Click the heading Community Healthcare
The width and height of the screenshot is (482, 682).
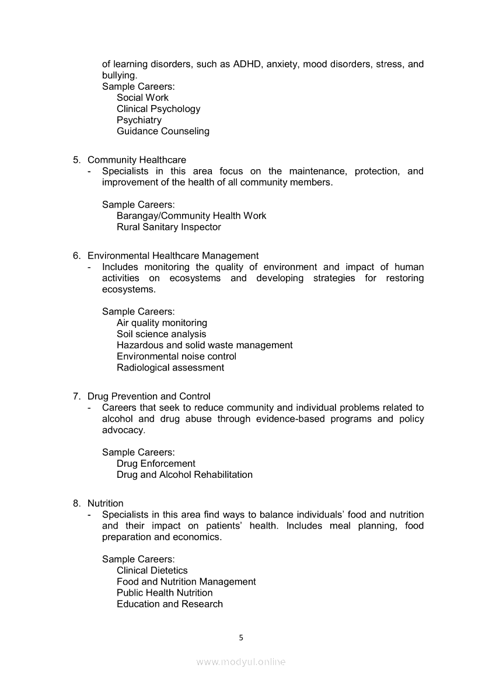pos(137,160)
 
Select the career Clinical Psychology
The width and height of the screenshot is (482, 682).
pos(158,109)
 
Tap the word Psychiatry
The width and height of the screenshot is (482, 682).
pos(139,120)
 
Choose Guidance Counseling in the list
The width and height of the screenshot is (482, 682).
pos(163,131)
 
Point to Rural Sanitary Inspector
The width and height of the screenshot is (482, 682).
pos(169,227)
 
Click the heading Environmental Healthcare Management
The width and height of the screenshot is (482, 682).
pos(173,256)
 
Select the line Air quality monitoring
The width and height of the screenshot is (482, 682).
pos(162,323)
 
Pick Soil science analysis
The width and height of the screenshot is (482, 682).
pos(161,334)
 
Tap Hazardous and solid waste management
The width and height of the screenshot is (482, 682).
pos(204,345)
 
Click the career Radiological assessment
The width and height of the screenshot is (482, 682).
pos(170,368)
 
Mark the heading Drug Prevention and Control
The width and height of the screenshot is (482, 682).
pos(149,397)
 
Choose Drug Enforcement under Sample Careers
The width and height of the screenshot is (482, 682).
pos(156,464)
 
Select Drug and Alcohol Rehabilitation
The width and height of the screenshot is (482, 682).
pos(184,475)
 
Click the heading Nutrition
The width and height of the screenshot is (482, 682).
pos(106,503)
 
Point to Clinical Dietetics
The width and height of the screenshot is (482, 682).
pos(152,571)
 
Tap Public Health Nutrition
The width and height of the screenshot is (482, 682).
pos(165,593)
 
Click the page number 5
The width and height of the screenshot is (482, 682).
pos(241,638)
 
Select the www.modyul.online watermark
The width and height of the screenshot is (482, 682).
pos(241,662)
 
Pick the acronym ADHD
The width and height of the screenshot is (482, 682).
pos(247,64)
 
